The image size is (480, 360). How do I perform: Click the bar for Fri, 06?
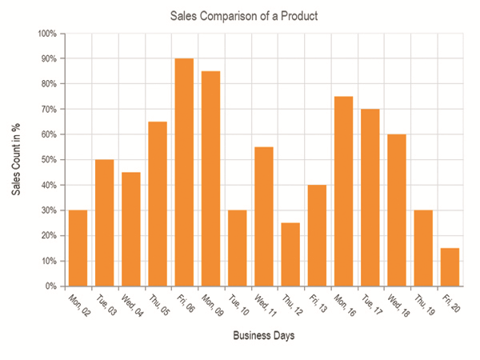click(x=184, y=172)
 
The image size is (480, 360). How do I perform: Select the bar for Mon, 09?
click(x=210, y=178)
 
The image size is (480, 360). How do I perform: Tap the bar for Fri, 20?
click(x=450, y=266)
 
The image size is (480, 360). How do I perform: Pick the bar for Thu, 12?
click(x=290, y=254)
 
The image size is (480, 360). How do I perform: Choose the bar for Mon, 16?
click(x=344, y=191)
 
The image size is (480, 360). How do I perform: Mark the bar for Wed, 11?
click(x=264, y=216)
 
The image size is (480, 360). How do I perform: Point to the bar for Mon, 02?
click(x=78, y=248)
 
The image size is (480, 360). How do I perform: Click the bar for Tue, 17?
click(x=370, y=198)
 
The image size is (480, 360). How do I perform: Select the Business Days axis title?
click(x=264, y=336)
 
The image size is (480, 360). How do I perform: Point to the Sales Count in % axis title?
click(x=15, y=160)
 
